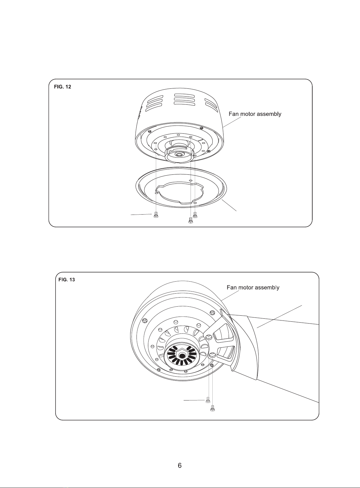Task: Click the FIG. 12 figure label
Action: [x=62, y=87]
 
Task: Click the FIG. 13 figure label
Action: [x=66, y=279]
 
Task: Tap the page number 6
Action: [x=180, y=465]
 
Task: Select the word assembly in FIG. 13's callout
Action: [x=267, y=288]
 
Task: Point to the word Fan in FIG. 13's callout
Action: [x=232, y=287]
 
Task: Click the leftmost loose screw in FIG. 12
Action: [x=156, y=215]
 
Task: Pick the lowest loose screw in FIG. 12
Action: [x=191, y=220]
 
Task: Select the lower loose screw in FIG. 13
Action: [x=213, y=408]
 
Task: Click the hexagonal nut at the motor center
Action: [x=181, y=356]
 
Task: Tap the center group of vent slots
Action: [x=184, y=100]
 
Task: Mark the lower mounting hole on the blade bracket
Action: [x=213, y=355]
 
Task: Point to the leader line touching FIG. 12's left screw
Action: [x=141, y=214]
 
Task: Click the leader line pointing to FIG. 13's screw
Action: [x=194, y=400]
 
